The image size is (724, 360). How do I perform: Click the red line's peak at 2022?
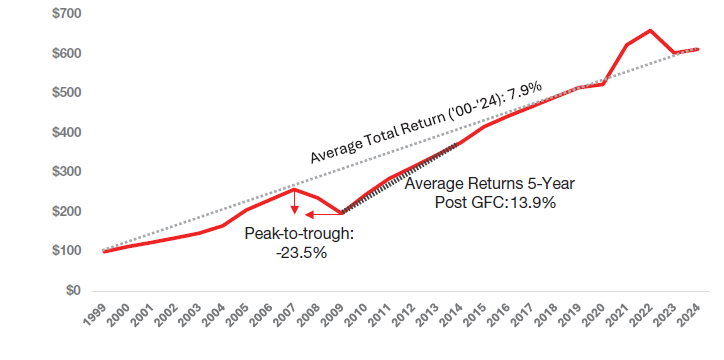651,31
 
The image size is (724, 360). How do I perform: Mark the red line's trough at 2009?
342,213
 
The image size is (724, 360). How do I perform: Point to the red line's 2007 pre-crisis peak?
294,189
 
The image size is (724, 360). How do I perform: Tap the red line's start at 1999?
104,251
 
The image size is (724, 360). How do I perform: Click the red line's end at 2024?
698,49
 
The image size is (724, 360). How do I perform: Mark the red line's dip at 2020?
603,84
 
